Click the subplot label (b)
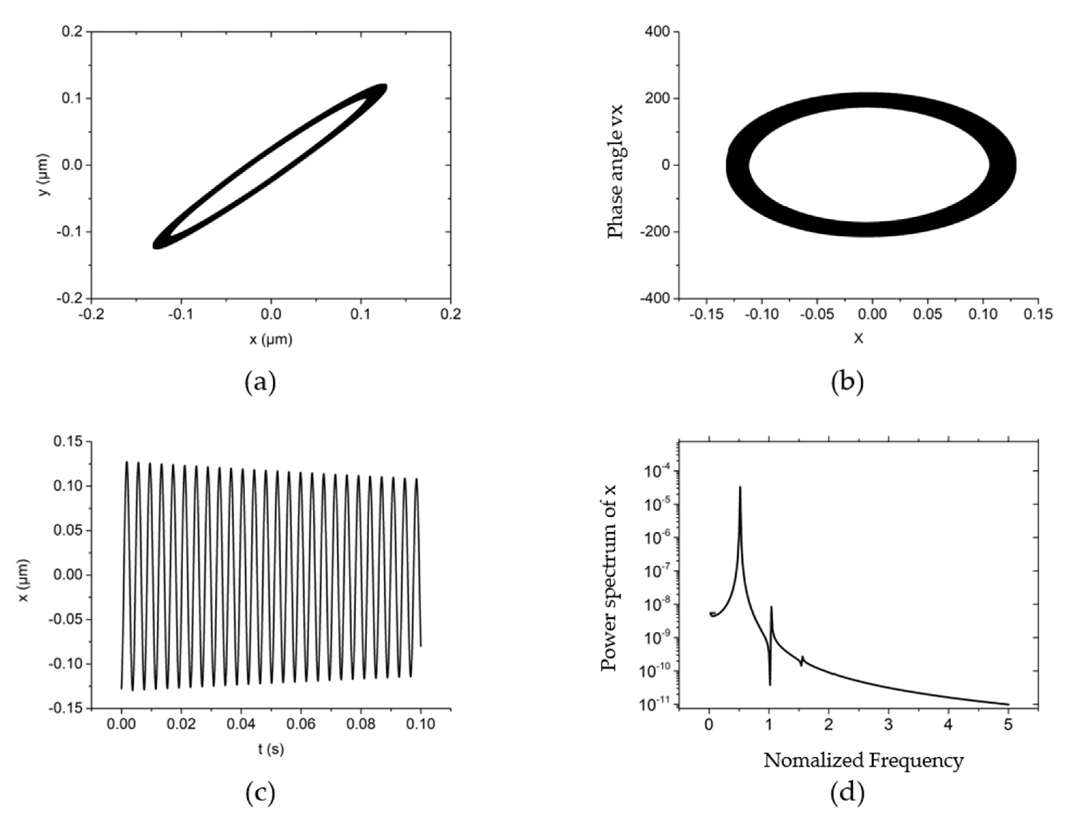847,382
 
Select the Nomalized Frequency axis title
863,760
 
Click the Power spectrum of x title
609,578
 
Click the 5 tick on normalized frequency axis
1008,725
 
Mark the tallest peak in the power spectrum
740,487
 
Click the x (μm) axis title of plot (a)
271,340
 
